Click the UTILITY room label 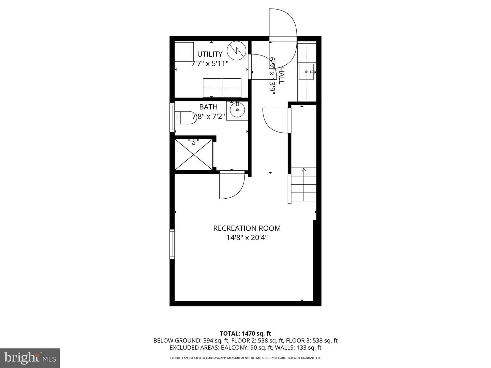210,54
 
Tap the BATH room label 208,107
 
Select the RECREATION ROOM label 247,228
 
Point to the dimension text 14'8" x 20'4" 247,237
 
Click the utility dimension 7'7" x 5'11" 210,63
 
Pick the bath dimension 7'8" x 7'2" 208,117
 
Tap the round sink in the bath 237,110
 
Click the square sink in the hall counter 307,72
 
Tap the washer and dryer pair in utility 222,88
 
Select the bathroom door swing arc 232,186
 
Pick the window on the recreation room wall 172,244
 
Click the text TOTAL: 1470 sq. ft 245,334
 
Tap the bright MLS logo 30,358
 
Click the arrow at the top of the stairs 304,170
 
